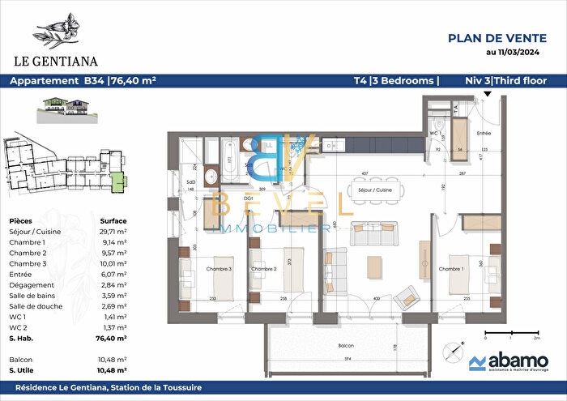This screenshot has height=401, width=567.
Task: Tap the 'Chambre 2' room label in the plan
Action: click(x=264, y=268)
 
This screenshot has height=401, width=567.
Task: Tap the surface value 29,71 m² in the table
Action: click(x=113, y=231)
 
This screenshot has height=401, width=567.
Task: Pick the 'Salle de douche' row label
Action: click(x=36, y=307)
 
